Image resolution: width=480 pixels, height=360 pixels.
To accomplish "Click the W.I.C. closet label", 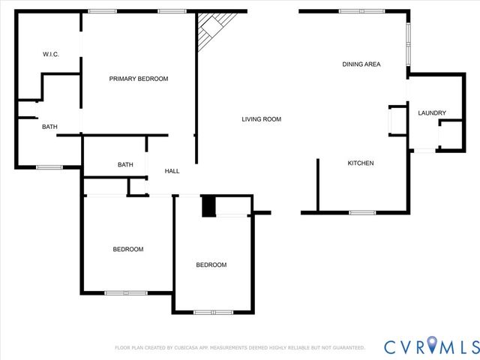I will (x=51, y=54).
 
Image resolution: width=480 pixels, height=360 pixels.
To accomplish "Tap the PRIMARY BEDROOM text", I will (x=139, y=79).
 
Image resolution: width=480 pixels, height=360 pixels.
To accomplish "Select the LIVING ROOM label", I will (x=261, y=119).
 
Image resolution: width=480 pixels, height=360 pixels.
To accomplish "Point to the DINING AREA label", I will (x=361, y=64).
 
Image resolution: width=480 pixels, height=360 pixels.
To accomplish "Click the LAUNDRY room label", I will (x=432, y=113).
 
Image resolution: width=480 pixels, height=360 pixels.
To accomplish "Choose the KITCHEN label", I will (x=360, y=163).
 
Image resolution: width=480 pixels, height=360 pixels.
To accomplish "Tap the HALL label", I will (x=172, y=172).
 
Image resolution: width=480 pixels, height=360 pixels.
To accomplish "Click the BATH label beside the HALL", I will (x=125, y=165).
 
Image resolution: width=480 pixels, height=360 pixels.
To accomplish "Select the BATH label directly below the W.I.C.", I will (x=49, y=127).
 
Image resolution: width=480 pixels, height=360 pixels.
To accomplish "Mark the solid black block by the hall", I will (x=208, y=205).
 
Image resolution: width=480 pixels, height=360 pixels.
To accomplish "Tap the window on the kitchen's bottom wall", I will (x=362, y=212).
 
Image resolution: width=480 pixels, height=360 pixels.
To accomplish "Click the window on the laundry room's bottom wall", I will (x=424, y=151).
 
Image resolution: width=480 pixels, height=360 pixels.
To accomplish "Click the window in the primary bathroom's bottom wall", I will (x=49, y=166).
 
